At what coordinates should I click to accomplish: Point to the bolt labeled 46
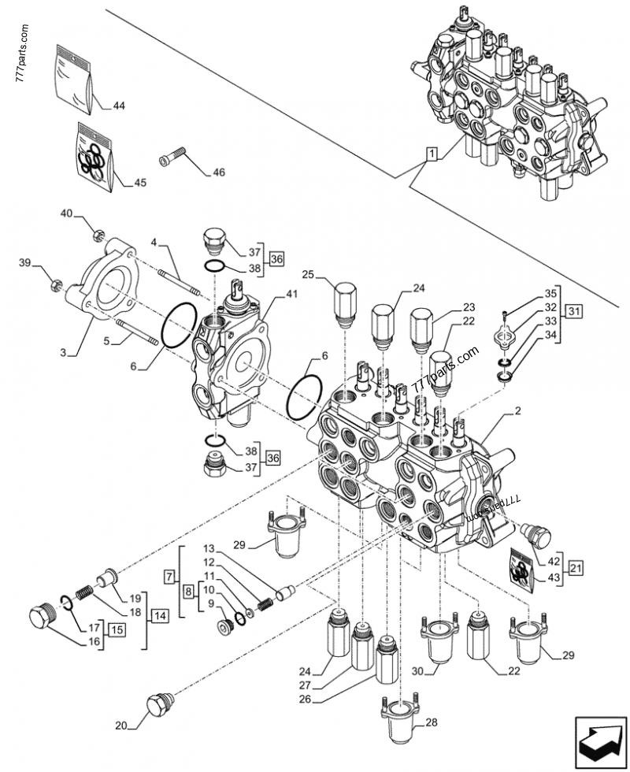coord(172,158)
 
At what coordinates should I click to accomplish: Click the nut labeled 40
coord(98,232)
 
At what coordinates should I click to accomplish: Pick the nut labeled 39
coord(55,284)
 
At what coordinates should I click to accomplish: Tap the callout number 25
coord(308,275)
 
